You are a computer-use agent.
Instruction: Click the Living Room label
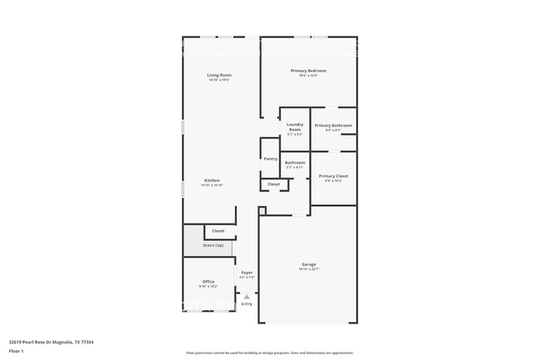[x=219, y=76]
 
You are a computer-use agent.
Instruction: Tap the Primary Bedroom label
[x=308, y=71]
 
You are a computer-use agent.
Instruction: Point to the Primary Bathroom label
[x=333, y=126]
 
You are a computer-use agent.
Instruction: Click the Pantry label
[x=270, y=159]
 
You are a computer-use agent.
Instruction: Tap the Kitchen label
[x=212, y=180]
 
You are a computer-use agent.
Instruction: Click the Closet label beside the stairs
[x=218, y=230]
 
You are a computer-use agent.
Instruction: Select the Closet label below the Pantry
[x=273, y=184]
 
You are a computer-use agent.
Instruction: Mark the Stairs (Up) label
[x=213, y=245]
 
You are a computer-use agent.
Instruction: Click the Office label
[x=209, y=282]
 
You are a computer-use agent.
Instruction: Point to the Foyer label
[x=247, y=272]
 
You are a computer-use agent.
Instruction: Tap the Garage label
[x=308, y=264]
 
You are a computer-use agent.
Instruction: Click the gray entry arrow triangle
[x=246, y=295]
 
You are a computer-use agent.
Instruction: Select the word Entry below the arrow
[x=247, y=303]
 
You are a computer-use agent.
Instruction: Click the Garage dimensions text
[x=308, y=269]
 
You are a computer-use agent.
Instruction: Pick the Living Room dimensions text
[x=219, y=80]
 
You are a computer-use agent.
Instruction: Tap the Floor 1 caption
[x=17, y=351]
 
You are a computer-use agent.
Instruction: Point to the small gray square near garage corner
[x=262, y=211]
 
